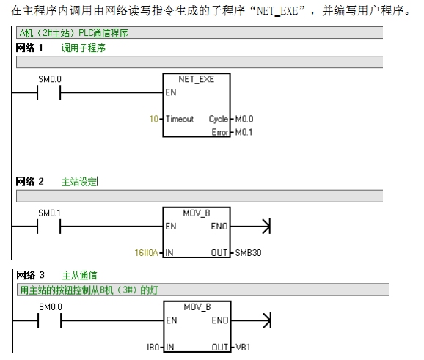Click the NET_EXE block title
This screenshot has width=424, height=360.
click(x=197, y=79)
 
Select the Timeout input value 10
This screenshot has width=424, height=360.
click(x=154, y=119)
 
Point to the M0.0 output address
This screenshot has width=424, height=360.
click(x=244, y=119)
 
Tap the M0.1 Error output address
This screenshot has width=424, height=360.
click(x=244, y=132)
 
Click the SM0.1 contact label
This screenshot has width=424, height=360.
click(x=49, y=213)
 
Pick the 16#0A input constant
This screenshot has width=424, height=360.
click(x=146, y=253)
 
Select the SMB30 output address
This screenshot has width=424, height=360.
click(x=248, y=253)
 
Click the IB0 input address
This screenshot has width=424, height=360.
click(x=153, y=347)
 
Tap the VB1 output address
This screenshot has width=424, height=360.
click(x=243, y=347)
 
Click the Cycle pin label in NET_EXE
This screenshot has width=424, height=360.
click(x=219, y=119)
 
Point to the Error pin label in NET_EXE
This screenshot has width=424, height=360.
click(x=220, y=132)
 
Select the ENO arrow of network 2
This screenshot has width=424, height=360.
click(x=250, y=227)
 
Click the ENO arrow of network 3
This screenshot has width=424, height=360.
click(x=251, y=320)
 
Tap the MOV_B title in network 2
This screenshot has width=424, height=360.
click(x=197, y=213)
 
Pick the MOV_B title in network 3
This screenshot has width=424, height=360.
click(x=197, y=307)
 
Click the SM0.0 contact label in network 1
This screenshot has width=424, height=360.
click(x=50, y=79)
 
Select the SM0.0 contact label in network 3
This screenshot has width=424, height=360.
click(x=51, y=307)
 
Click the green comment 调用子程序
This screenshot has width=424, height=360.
click(x=84, y=48)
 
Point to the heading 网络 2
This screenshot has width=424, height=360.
click(x=29, y=182)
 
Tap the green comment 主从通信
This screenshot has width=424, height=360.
click(x=79, y=276)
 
